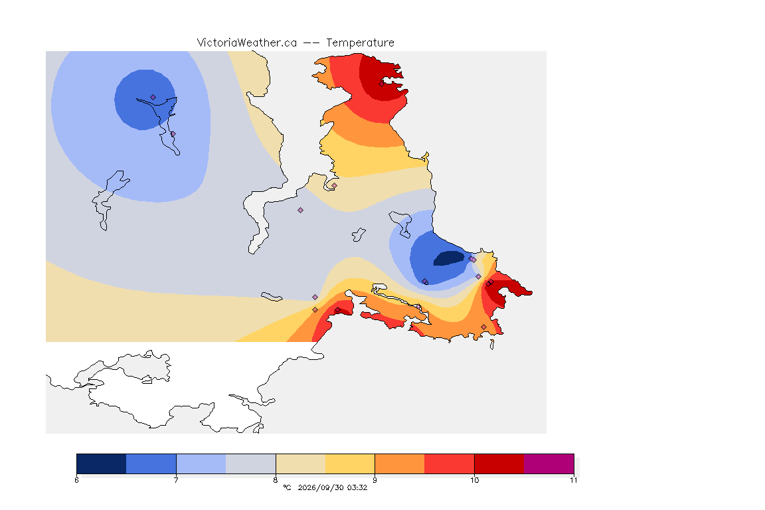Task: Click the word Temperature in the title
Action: (x=360, y=43)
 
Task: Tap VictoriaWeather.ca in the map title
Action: (x=247, y=43)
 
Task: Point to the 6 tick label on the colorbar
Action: (x=76, y=480)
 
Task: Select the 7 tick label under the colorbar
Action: (x=176, y=480)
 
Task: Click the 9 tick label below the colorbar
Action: (x=375, y=480)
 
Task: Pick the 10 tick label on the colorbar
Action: (x=474, y=480)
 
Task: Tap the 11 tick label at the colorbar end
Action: (x=573, y=480)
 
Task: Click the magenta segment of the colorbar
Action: (x=549, y=464)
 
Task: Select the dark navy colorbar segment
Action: (x=102, y=464)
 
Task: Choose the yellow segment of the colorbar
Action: (x=350, y=464)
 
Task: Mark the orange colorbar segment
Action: (x=400, y=464)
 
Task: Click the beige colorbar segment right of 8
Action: (x=301, y=464)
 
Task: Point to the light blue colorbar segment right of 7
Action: (x=201, y=464)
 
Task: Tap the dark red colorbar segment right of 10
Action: (x=499, y=464)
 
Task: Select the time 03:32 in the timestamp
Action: (x=357, y=487)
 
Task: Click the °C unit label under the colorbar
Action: (x=287, y=487)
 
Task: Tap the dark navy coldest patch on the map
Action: (x=449, y=258)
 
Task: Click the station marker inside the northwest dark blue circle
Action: (x=153, y=98)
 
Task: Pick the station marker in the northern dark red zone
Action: (x=382, y=84)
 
